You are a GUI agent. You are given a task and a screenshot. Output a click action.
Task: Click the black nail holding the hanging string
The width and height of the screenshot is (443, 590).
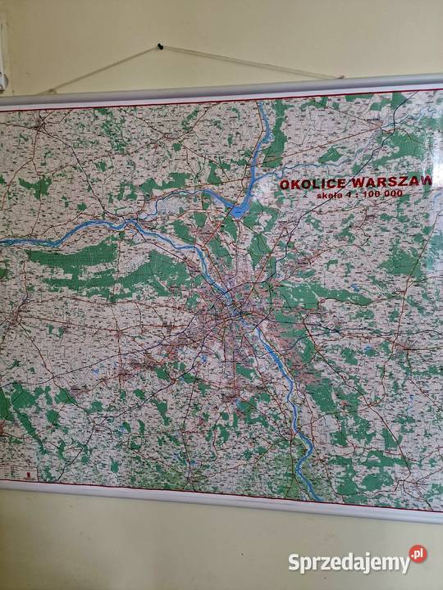click(160, 47)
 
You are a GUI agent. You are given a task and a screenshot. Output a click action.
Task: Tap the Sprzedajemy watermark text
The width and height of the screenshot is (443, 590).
click(348, 562)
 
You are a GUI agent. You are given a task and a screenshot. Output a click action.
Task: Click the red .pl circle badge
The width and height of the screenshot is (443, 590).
click(418, 555)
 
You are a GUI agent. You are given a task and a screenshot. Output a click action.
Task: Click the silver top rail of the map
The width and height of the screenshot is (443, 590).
click(221, 91)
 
